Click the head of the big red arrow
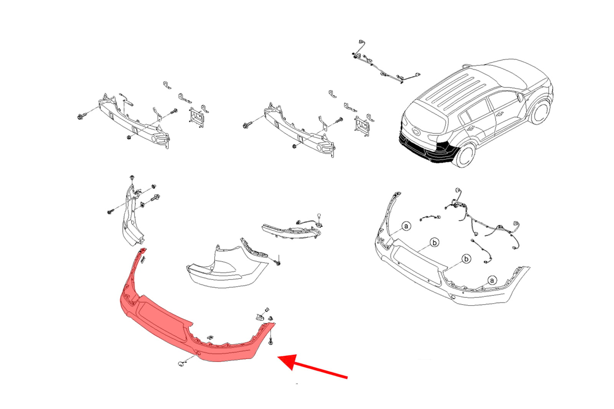pos(288,361)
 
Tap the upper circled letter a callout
pos(406,226)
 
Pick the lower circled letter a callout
pos(492,281)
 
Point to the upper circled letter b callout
pos(434,243)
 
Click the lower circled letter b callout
pos(466,259)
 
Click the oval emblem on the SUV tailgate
pos(416,132)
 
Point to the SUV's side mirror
pos(520,97)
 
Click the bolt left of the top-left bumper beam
pos(81,117)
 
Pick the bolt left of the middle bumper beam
pos(247,126)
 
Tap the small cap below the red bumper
pos(181,364)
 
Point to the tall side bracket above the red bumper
pos(132,216)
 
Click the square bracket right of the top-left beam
pos(196,118)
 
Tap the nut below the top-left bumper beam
pos(129,137)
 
